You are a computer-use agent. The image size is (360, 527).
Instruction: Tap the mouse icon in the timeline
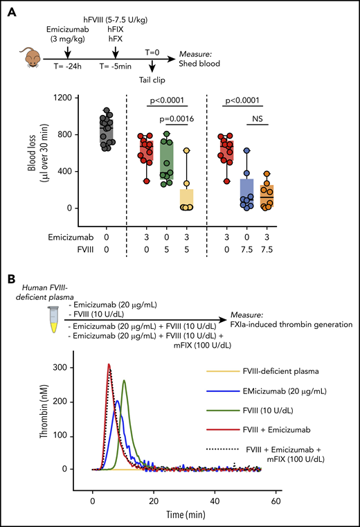(x=28, y=57)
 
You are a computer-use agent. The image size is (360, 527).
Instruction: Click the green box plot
(x=167, y=159)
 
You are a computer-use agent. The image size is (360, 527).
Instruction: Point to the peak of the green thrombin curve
(x=124, y=380)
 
